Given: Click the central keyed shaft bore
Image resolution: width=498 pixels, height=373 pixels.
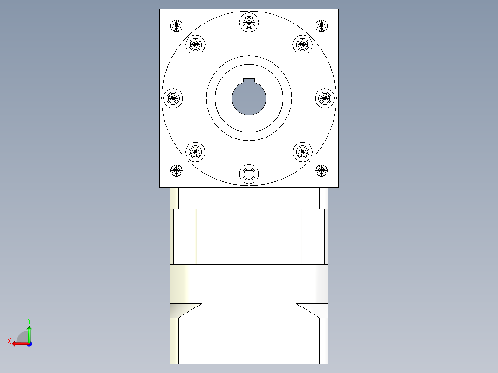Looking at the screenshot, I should click(249, 98).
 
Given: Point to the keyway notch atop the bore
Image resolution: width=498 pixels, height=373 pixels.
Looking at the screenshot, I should click(249, 82).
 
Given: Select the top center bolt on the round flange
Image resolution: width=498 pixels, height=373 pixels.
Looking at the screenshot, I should click(249, 21).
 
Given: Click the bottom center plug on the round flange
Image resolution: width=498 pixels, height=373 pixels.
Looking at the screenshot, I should click(249, 174).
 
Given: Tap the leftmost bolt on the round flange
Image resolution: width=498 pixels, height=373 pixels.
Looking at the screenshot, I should click(173, 98).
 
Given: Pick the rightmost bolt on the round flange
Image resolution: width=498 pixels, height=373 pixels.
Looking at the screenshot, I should click(325, 98).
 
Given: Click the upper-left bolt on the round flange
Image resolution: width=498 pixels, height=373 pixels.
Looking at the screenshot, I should click(195, 44).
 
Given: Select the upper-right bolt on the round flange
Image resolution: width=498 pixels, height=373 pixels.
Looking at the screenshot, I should click(302, 44).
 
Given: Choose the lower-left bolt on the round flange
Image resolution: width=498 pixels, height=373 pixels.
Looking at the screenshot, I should click(195, 151).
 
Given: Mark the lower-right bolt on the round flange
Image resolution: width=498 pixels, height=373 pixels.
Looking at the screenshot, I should click(302, 151).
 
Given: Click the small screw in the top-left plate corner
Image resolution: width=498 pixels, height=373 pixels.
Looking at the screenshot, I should click(176, 26).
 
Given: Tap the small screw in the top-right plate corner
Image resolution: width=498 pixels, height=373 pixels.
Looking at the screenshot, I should click(321, 26).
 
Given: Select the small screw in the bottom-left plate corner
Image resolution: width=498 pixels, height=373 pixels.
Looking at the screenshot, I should click(176, 171).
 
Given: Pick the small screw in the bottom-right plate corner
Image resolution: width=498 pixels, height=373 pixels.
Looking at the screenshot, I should click(321, 171).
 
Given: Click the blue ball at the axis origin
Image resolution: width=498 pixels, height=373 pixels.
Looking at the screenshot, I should click(29, 344).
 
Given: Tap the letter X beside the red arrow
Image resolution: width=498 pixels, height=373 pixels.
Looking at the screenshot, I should click(9, 341).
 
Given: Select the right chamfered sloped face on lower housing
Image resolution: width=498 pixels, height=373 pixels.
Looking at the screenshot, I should click(312, 310).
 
